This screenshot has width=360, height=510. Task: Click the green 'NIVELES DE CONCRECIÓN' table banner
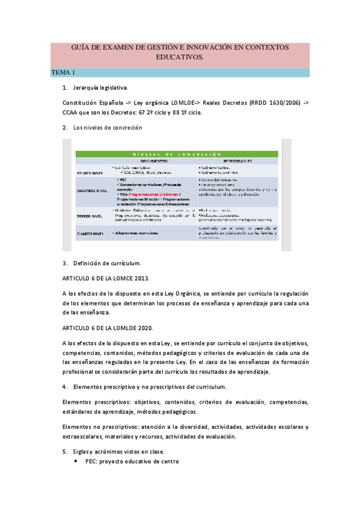pyautogui.click(x=177, y=154)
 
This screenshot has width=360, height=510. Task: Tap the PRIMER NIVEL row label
pyautogui.click(x=92, y=172)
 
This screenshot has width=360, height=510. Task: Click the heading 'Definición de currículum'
pyautogui.click(x=107, y=263)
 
